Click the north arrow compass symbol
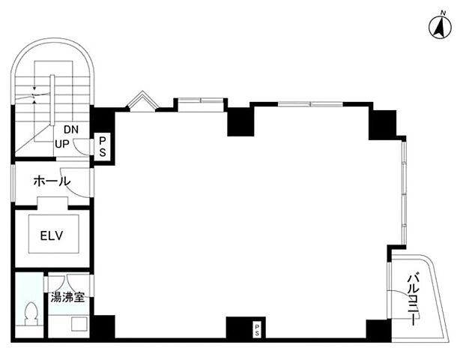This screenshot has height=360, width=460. tap(440, 28)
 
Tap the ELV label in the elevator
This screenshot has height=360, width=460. tap(52, 235)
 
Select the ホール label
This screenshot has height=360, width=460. tap(52, 181)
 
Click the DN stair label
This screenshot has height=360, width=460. tap(71, 129)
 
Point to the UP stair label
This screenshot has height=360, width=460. tap(62, 144)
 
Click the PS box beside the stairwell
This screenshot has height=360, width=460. tap(102, 147)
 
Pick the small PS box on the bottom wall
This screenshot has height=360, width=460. tap(257, 330)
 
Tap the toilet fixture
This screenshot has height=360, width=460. tap(31, 313)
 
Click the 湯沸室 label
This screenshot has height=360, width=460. tap(67, 298)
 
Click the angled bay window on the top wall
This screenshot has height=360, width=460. tap(142, 100)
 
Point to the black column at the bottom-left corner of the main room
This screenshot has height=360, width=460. tap(104, 327)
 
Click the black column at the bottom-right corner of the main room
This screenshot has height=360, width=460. tap(378, 328)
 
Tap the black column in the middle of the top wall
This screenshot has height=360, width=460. tap(240, 121)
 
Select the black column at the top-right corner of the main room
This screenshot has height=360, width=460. tap(383, 124)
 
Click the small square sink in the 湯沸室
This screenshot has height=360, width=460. tap(79, 324)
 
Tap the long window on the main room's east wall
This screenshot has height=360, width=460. tap(404, 193)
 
